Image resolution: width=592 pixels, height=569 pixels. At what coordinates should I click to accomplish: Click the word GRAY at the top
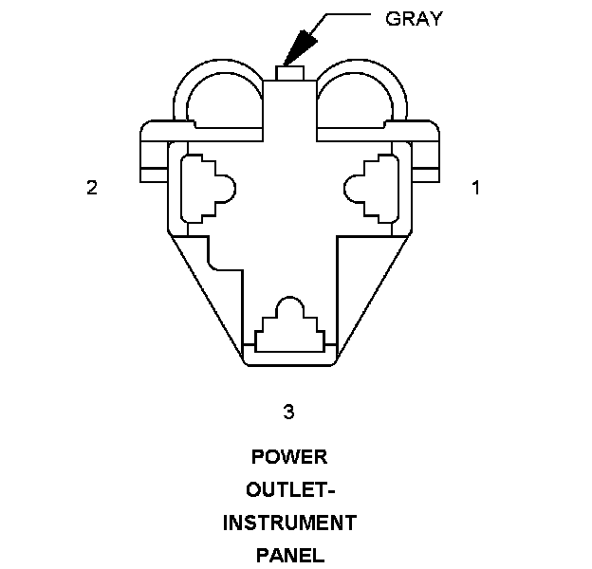414,18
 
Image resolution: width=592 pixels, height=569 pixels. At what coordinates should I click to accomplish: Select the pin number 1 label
475,188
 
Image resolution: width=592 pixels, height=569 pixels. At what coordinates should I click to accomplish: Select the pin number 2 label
91,188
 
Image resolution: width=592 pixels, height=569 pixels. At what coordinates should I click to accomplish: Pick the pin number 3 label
288,411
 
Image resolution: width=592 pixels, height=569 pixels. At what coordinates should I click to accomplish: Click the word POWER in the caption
289,457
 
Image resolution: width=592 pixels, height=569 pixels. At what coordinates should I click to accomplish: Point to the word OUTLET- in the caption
289,490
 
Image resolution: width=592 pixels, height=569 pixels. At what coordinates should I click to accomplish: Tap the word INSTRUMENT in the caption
289,523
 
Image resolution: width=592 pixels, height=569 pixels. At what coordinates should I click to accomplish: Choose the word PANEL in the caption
289,555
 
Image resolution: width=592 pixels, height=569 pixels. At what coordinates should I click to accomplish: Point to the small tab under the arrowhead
289,72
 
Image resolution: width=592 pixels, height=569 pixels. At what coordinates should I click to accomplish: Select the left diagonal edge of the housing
204,294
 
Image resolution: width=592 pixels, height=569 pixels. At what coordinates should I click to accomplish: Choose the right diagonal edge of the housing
374,294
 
